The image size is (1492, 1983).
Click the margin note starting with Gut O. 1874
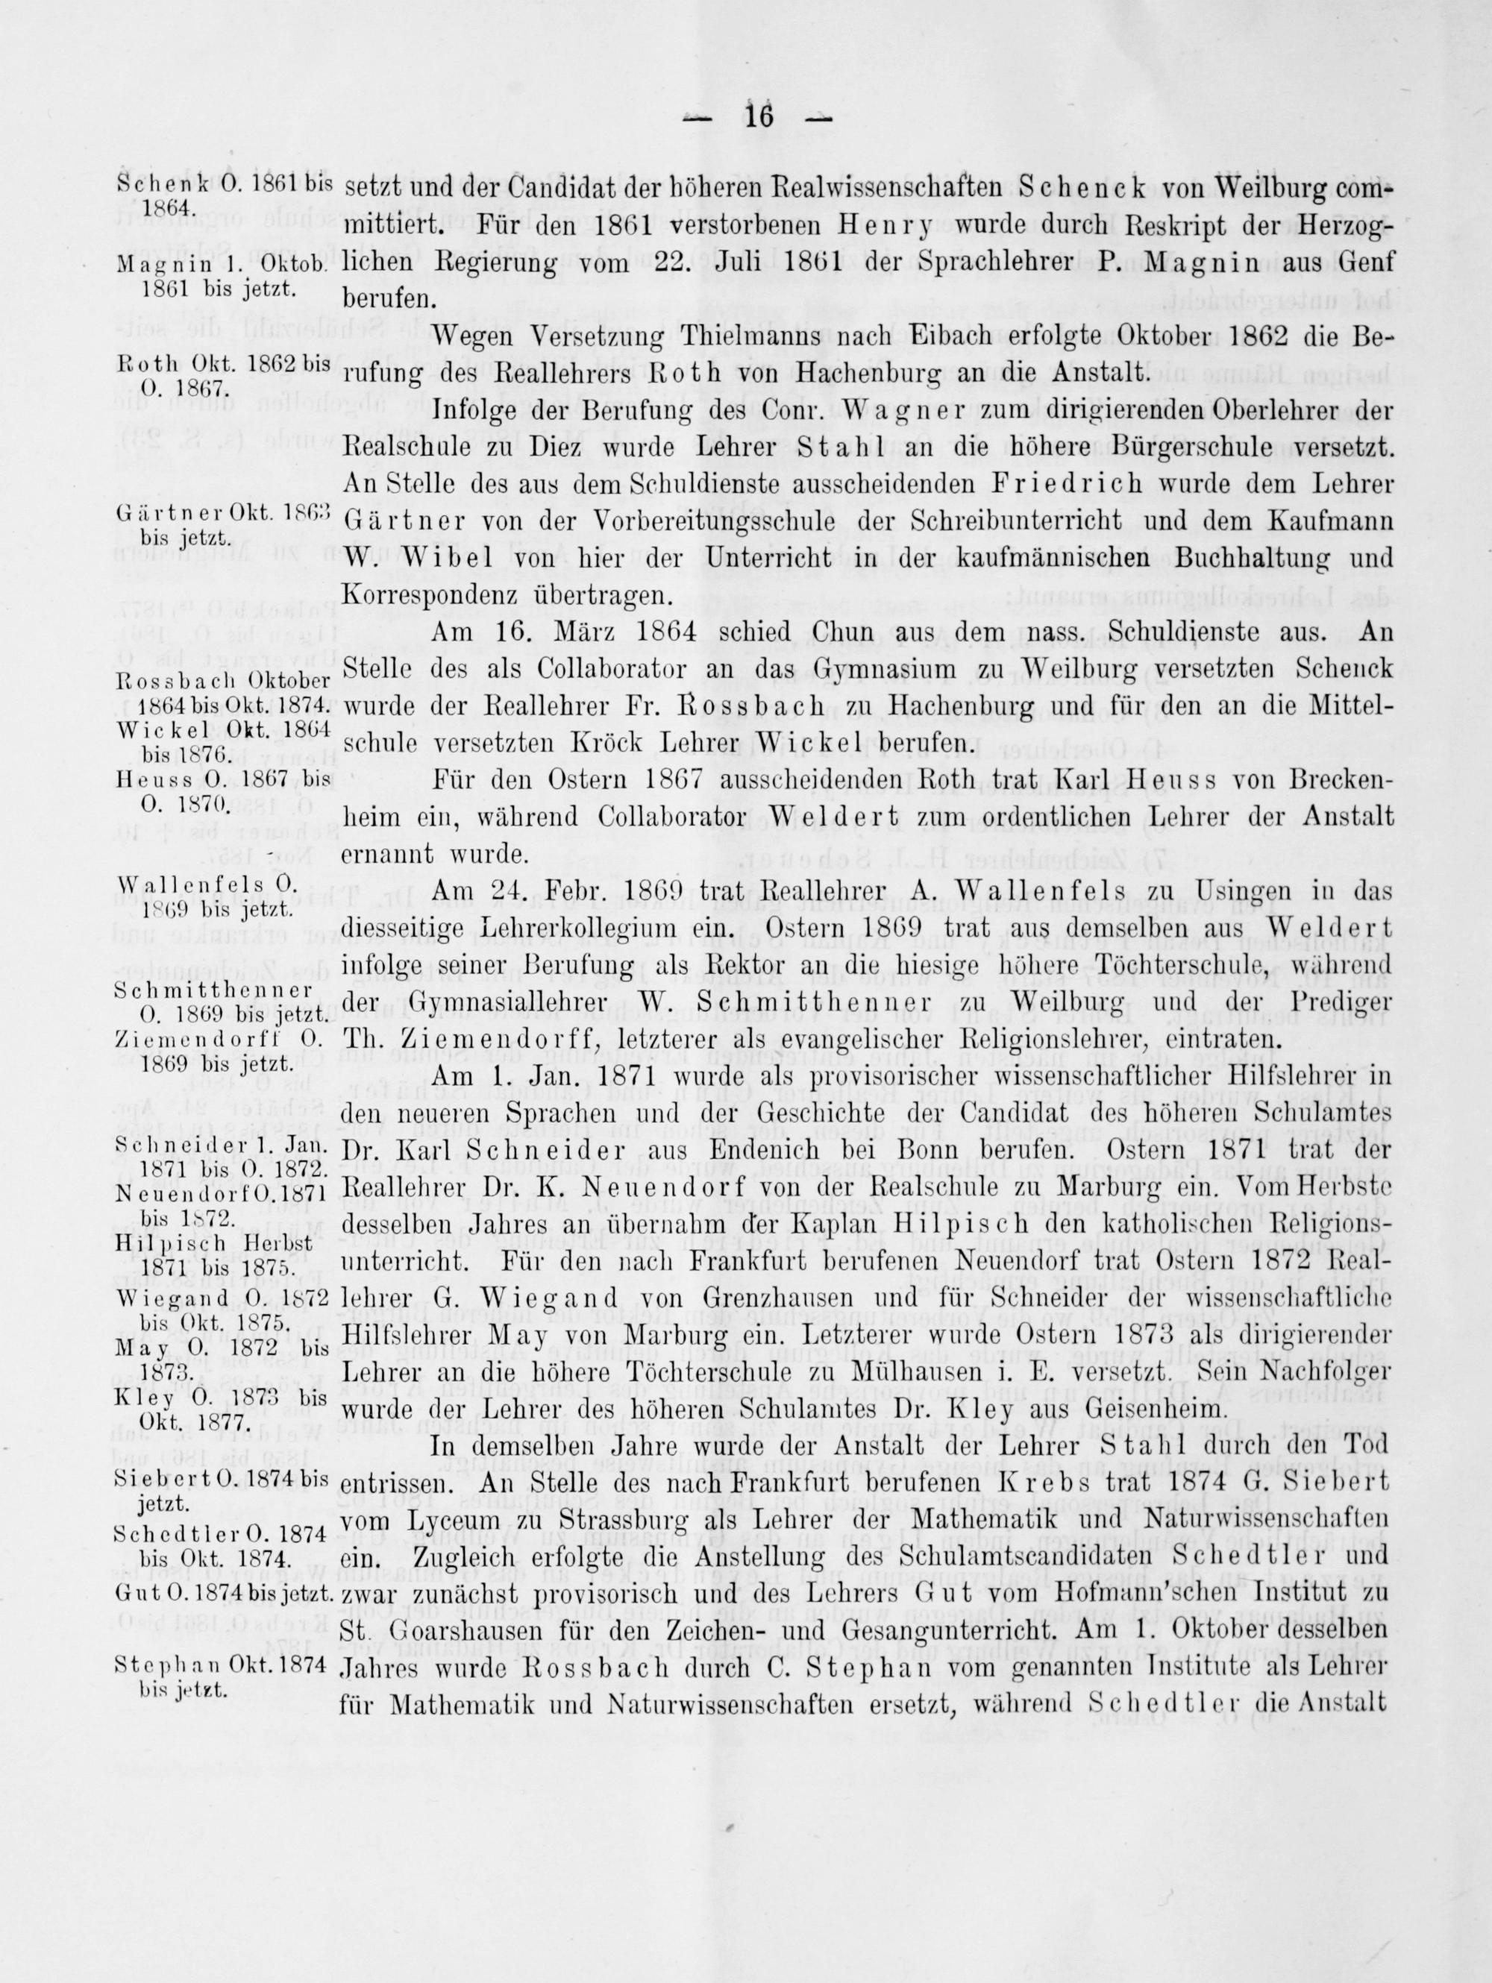[223, 1592]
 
